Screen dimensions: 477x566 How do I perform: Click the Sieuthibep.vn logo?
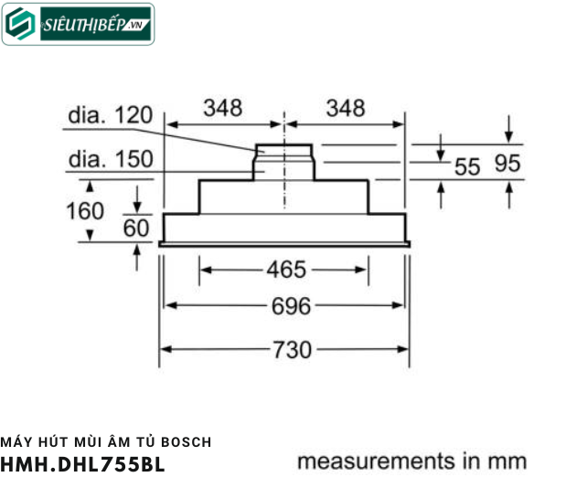pyautogui.click(x=78, y=25)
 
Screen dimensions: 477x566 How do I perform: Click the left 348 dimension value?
pyautogui.click(x=222, y=108)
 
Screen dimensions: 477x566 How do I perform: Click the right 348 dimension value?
pyautogui.click(x=345, y=108)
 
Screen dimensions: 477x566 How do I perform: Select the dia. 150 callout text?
pyautogui.click(x=109, y=159)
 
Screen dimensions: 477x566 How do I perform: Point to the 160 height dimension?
pyautogui.click(x=85, y=211)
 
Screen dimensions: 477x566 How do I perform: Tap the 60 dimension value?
pyautogui.click(x=136, y=228)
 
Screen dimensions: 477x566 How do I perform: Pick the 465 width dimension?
pyautogui.click(x=286, y=270)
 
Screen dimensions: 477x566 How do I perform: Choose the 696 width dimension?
pyautogui.click(x=286, y=306)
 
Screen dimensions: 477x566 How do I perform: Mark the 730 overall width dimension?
pyautogui.click(x=286, y=349)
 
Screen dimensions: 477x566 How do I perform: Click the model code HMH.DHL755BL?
pyautogui.click(x=82, y=462)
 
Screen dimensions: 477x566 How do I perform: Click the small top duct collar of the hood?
pyautogui.click(x=285, y=150)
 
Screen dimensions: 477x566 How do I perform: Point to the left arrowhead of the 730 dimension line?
pyautogui.click(x=167, y=349)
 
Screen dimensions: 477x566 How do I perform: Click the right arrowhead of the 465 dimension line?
pyautogui.click(x=363, y=270)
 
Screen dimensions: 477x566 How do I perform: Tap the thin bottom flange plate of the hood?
pyautogui.click(x=284, y=244)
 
